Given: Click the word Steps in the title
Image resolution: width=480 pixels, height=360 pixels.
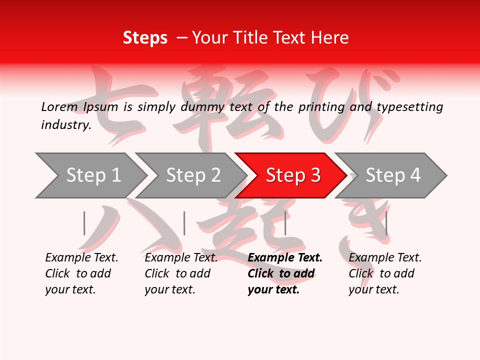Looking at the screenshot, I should pyautogui.click(x=145, y=38).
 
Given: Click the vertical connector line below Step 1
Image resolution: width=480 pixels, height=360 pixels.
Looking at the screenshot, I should pyautogui.click(x=84, y=223).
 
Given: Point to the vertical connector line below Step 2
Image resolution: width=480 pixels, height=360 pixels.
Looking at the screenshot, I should pyautogui.click(x=184, y=223).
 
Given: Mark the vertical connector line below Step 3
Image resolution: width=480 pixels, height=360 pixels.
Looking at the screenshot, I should pyautogui.click(x=285, y=223).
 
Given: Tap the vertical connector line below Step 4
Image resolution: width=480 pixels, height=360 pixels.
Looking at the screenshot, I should pyautogui.click(x=386, y=223).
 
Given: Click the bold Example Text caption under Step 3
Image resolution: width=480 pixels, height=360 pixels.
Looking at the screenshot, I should pyautogui.click(x=285, y=273).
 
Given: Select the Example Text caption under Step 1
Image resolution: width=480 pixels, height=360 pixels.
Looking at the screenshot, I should pyautogui.click(x=81, y=273).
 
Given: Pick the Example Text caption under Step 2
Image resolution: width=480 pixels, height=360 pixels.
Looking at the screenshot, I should pyautogui.click(x=181, y=273).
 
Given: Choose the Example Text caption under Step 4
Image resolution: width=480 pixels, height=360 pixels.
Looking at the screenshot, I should pyautogui.click(x=385, y=273).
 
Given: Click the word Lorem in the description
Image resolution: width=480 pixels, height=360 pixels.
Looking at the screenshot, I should pyautogui.click(x=59, y=106).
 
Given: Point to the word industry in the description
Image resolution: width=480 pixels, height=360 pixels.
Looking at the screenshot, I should pyautogui.click(x=66, y=125).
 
